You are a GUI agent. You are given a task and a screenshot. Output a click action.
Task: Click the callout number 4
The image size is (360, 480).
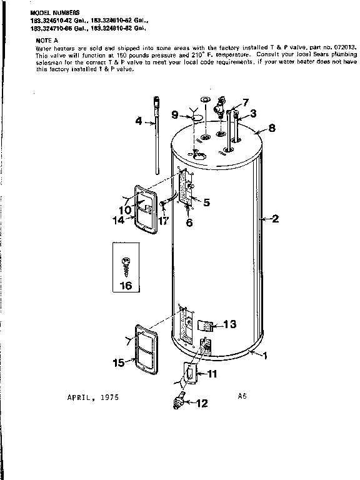[139, 121]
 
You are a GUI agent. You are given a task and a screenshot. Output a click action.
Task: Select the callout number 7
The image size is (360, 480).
[245, 101]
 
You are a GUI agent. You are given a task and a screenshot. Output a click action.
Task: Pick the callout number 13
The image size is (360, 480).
[229, 324]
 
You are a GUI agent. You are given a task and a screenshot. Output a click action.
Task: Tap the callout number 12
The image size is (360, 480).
[201, 404]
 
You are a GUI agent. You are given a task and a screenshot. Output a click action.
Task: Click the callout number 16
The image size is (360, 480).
[126, 286]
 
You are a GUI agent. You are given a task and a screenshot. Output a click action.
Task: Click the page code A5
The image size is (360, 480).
[242, 395]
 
